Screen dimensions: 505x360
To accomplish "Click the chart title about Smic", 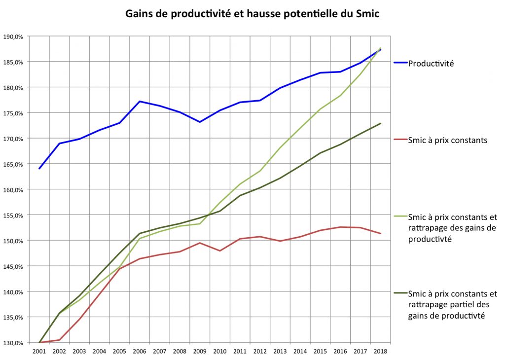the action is coord(252,14).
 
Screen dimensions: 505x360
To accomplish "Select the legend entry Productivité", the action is coord(431,64).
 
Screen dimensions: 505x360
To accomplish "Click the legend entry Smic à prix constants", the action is coord(447,140).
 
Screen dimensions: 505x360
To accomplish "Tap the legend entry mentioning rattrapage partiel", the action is coord(453,305).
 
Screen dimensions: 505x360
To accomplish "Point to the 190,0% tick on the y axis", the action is coord(13,36).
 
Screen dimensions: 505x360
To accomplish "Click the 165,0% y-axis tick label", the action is coord(13,164).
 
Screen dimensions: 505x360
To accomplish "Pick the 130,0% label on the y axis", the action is coord(13,343).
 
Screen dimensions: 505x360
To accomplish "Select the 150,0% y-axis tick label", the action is coord(13,241).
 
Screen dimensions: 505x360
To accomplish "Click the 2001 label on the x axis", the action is coord(39,351).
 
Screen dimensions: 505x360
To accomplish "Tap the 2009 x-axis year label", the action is coord(200,351).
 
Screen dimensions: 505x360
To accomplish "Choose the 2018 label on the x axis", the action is coord(380,351).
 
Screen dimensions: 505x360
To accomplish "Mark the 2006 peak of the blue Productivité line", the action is coord(140,102).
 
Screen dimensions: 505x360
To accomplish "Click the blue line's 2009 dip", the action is coord(200,122).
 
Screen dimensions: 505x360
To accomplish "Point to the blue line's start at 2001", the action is coord(39,168).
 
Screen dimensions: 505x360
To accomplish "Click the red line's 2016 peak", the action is coord(340,227).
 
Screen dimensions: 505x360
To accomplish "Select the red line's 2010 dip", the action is coord(220,251).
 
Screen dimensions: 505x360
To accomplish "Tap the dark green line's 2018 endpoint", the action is coord(381,123).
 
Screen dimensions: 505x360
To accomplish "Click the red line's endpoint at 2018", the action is coord(381,233).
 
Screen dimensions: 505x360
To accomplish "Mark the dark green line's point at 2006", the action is coord(140,233).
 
